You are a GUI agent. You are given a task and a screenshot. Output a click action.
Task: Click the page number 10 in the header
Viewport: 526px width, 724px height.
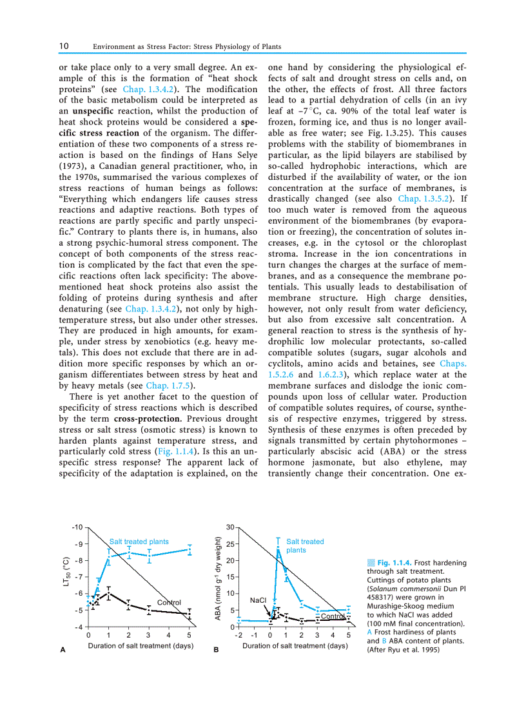point(64,46)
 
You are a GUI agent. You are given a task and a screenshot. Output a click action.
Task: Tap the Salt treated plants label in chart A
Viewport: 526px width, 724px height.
point(139,542)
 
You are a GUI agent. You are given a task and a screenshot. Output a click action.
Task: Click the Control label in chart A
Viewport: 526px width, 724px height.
point(169,602)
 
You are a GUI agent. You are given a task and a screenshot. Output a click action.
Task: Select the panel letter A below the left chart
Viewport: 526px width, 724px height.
point(63,651)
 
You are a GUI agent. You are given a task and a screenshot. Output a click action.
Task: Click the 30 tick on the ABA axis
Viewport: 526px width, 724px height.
point(230,527)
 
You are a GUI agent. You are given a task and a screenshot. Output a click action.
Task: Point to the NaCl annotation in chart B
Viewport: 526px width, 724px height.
point(258,600)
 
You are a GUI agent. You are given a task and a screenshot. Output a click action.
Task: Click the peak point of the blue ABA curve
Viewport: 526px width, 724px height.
point(278,549)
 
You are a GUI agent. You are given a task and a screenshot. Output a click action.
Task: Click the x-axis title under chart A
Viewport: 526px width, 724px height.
point(141,645)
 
